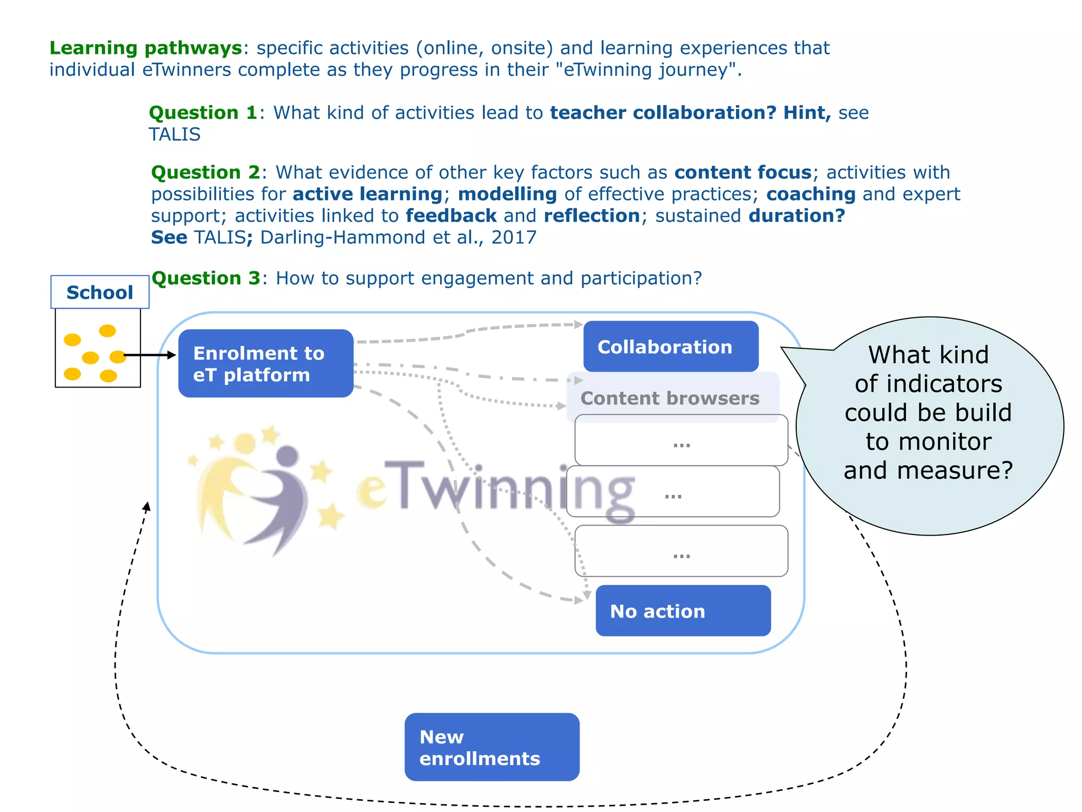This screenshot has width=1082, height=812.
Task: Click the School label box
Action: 100,292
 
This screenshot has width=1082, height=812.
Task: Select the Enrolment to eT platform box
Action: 266,363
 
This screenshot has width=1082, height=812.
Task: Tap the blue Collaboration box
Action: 670,346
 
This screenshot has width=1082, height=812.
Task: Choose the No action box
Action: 683,611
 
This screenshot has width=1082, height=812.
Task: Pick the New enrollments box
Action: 491,746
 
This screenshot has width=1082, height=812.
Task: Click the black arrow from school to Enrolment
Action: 150,355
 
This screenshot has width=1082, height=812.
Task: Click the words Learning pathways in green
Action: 146,48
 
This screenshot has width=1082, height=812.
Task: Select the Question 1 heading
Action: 203,113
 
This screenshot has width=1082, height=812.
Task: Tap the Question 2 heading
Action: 206,172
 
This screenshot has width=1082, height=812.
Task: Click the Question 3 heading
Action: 206,278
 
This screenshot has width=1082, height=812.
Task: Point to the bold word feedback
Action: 451,216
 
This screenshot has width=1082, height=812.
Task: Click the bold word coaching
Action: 810,194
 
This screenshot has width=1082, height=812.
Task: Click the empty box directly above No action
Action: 681,550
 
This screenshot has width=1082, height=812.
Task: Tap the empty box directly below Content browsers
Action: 681,440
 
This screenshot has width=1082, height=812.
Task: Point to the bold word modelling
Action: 507,194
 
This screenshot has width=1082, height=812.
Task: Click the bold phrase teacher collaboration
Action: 663,113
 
